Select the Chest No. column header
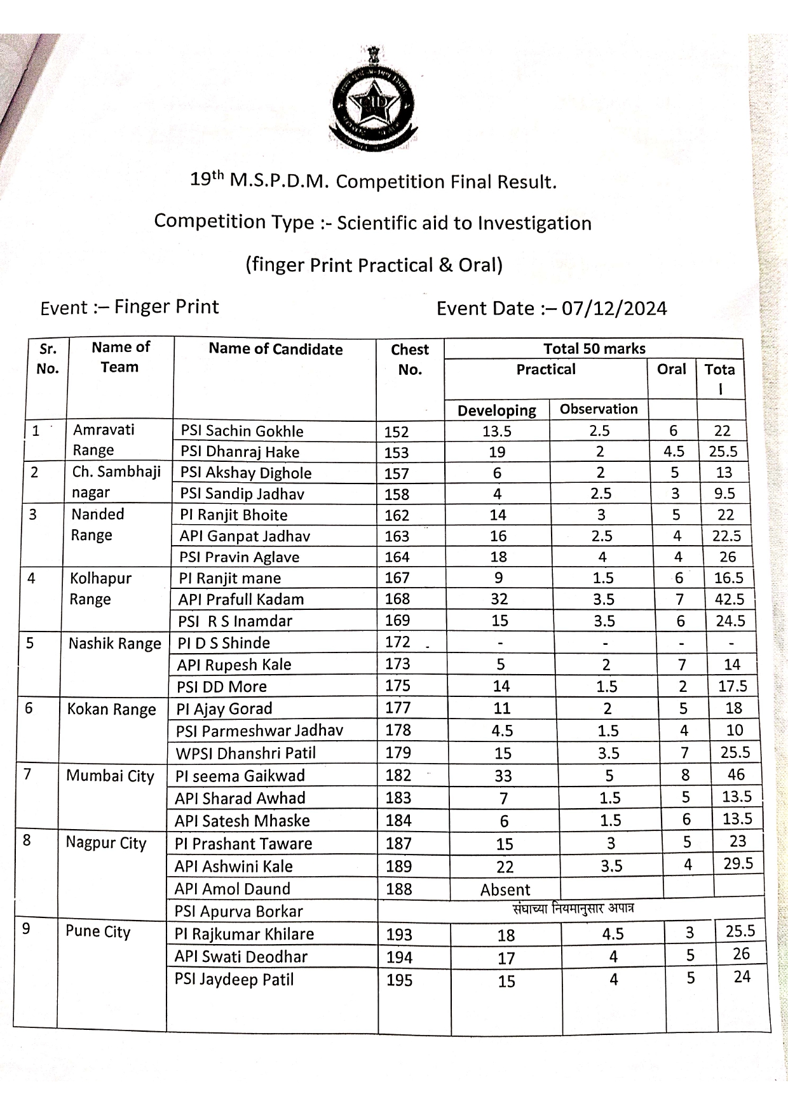(x=410, y=359)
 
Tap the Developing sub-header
(x=496, y=410)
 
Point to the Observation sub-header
(x=599, y=409)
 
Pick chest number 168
(x=398, y=599)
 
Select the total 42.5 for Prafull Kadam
(x=729, y=599)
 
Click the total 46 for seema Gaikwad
(x=736, y=774)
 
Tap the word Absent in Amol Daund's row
(x=505, y=889)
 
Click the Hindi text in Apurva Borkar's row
(x=573, y=909)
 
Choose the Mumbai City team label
(x=111, y=776)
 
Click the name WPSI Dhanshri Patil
(x=246, y=753)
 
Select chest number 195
(x=400, y=980)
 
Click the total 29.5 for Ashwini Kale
(x=738, y=863)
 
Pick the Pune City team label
(x=98, y=932)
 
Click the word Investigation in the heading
(x=534, y=223)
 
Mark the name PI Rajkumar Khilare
(x=245, y=934)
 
